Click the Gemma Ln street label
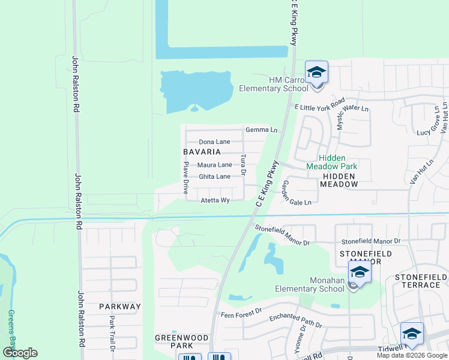(261, 130)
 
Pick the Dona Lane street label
(214, 142)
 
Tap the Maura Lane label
(215, 164)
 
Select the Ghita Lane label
(214, 176)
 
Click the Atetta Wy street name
(215, 200)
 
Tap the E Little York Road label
(319, 104)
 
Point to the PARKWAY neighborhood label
(120, 307)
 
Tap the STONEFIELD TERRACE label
(418, 281)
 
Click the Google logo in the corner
(20, 353)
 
